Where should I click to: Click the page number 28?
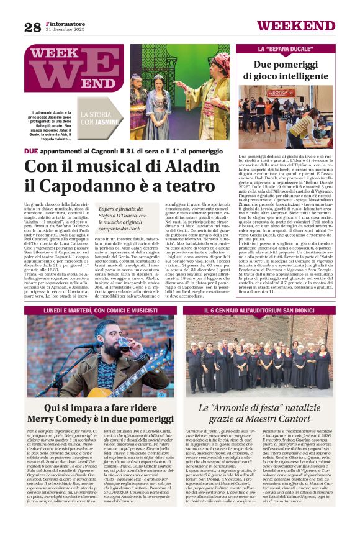point(32,27)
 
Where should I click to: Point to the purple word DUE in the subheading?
point(31,151)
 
